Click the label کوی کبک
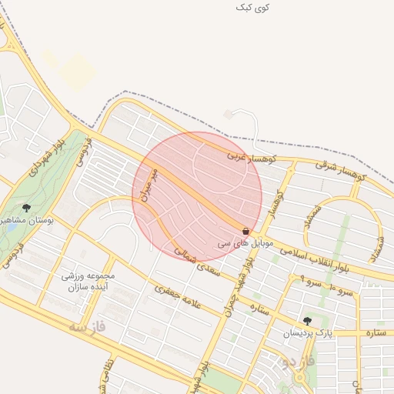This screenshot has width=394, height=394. [253, 7]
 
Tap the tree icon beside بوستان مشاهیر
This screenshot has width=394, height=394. [26, 208]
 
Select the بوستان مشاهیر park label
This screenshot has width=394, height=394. [28, 220]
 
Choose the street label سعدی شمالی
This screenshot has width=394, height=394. [197, 262]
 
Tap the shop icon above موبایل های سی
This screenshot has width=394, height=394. [245, 231]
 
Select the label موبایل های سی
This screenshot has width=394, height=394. [235, 242]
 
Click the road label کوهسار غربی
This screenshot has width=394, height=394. [244, 159]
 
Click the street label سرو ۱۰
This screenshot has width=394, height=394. [342, 292]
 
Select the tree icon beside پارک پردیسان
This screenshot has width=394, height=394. [307, 321]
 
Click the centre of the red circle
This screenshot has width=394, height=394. [197, 196]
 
